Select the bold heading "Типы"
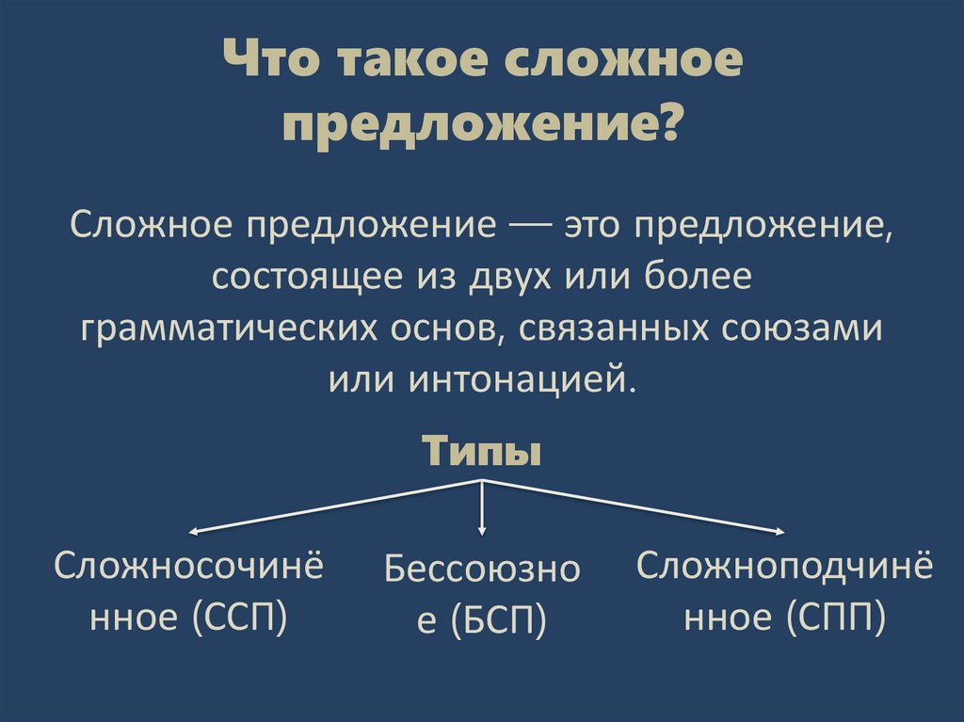(x=481, y=450)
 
